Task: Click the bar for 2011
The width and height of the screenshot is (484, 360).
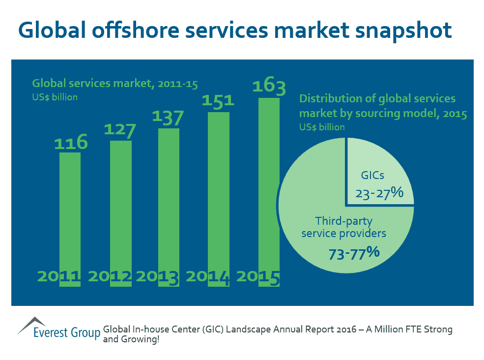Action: (x=70, y=211)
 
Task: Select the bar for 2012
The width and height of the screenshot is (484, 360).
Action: (x=120, y=207)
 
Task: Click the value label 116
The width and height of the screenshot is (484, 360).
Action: (x=70, y=143)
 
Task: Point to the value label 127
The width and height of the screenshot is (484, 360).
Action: (x=120, y=131)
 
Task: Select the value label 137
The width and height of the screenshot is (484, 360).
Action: (x=168, y=118)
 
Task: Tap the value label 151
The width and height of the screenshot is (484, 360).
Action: (x=218, y=101)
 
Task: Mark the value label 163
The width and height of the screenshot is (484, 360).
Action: (x=269, y=87)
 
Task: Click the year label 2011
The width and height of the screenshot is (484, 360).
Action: (x=59, y=277)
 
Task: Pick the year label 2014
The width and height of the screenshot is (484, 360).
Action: (x=208, y=277)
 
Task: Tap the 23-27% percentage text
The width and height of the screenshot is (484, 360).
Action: (x=379, y=193)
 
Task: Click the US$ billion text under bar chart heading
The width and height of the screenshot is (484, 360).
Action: (x=55, y=97)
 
